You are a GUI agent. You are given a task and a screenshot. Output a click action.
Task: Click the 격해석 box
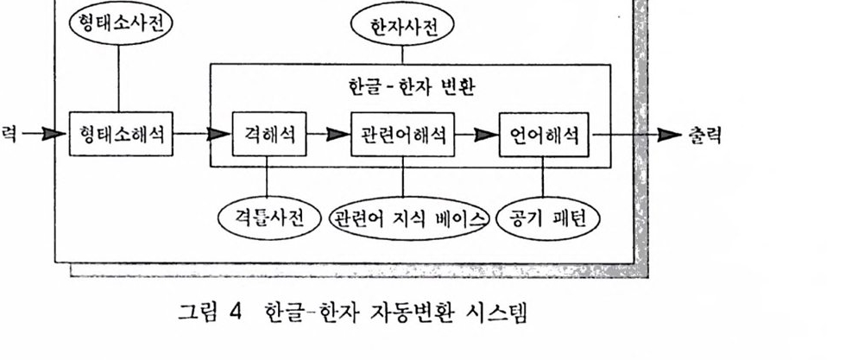[268, 134]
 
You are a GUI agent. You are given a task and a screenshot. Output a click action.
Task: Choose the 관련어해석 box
[402, 134]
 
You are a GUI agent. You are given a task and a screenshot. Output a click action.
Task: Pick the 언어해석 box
[543, 134]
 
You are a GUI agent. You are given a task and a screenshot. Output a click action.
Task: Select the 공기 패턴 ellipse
[545, 216]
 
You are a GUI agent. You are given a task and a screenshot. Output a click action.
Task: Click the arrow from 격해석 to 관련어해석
[328, 134]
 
